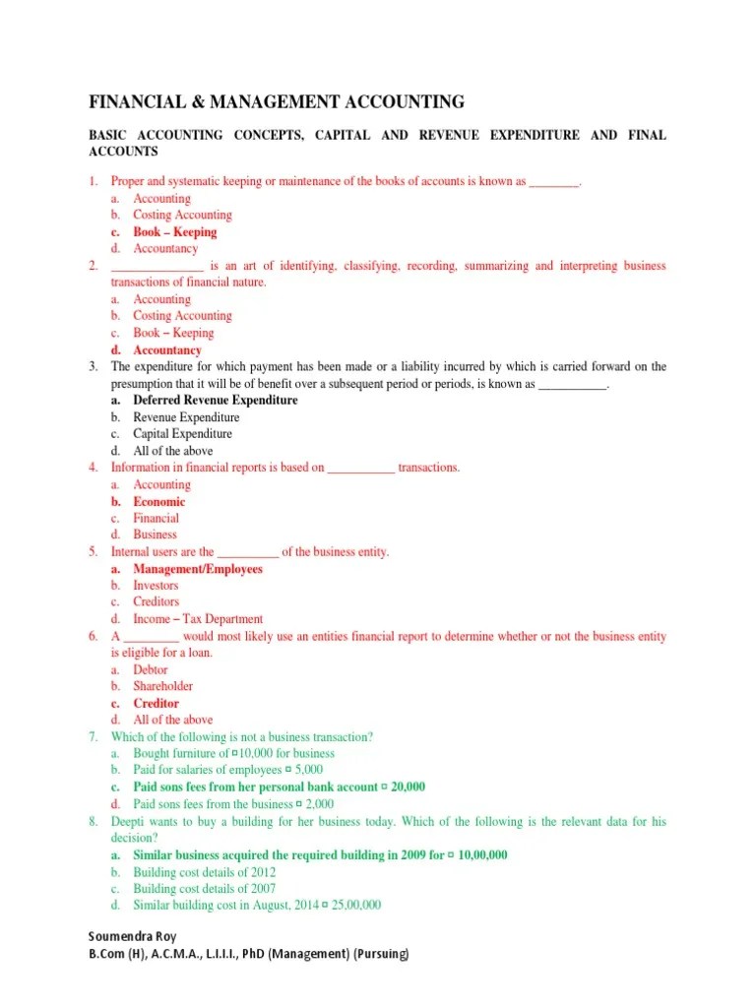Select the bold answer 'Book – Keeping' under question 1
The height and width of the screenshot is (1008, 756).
[x=174, y=232]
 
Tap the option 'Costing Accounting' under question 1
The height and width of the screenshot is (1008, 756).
[x=182, y=215]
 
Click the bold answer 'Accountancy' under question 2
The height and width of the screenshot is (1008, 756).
[x=167, y=350]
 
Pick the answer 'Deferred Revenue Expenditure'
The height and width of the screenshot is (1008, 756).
[x=215, y=401]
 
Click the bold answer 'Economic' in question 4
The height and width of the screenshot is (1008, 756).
[x=158, y=502]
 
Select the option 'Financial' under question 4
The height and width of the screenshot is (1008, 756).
[x=156, y=519]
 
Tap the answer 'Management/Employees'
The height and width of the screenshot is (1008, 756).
[x=198, y=570]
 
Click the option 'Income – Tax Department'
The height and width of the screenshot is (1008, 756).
[x=198, y=619]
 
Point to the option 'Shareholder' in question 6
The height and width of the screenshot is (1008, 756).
[x=162, y=686]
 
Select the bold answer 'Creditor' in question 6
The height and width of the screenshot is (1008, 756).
[x=156, y=704]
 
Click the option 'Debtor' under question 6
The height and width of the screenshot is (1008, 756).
[x=151, y=669]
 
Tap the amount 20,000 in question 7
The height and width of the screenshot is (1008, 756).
[x=408, y=787]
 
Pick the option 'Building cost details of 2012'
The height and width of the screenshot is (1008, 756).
[x=204, y=872]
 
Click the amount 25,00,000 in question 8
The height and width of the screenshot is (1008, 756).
[x=353, y=906]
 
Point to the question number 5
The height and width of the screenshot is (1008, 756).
[x=92, y=552]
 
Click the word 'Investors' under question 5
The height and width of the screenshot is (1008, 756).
[x=156, y=586]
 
